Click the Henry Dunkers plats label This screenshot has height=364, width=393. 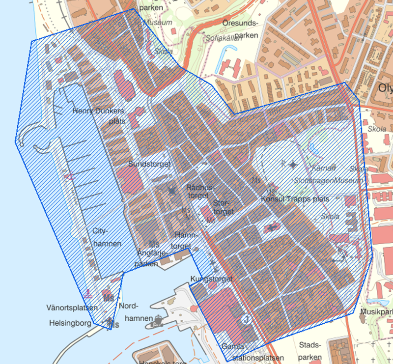pyautogui.click(x=98, y=115)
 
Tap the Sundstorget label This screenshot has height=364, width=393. pyautogui.click(x=149, y=164)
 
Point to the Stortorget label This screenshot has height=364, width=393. pyautogui.click(x=224, y=207)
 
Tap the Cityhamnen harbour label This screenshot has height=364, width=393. pyautogui.click(x=106, y=236)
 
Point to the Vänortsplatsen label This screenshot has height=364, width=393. pyautogui.click(x=72, y=308)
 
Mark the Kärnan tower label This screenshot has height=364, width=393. pyautogui.click(x=324, y=168)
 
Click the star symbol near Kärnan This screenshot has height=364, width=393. pyautogui.click(x=293, y=164)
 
